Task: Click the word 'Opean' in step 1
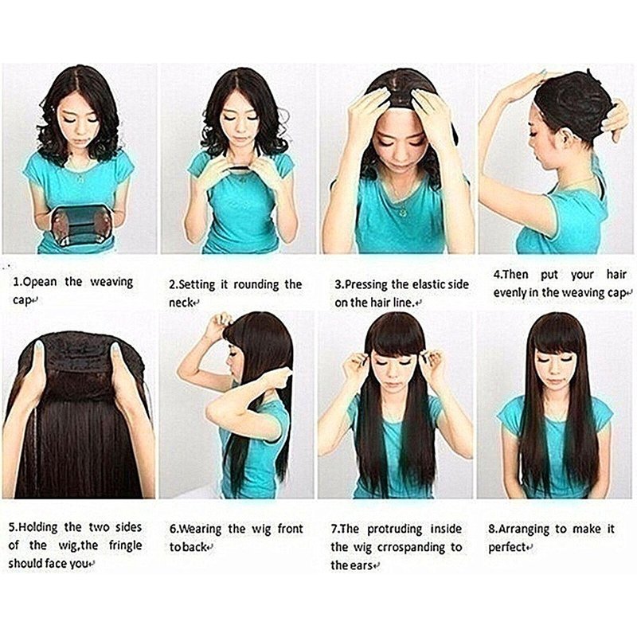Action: coord(40,282)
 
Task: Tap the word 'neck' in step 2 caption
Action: coord(181,303)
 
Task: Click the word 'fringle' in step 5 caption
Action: coord(125,545)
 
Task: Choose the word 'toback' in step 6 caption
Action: coord(188,547)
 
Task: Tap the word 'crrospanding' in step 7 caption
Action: coord(411,548)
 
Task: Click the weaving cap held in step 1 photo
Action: coord(81,225)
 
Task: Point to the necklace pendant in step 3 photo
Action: coord(402,212)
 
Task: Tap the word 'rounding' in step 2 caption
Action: coord(256,285)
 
